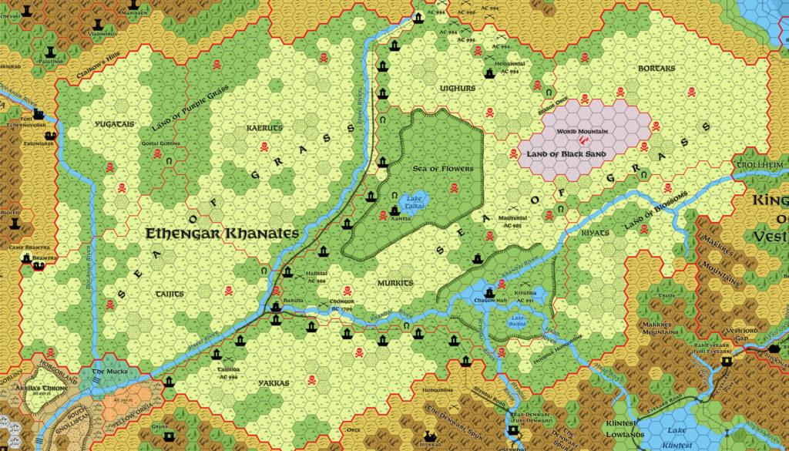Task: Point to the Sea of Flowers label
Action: click(442, 168)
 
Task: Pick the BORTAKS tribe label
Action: click(656, 68)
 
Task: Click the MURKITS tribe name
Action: click(395, 283)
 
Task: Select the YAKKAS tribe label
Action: click(274, 382)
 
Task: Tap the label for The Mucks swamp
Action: click(107, 372)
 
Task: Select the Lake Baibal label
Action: click(516, 321)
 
